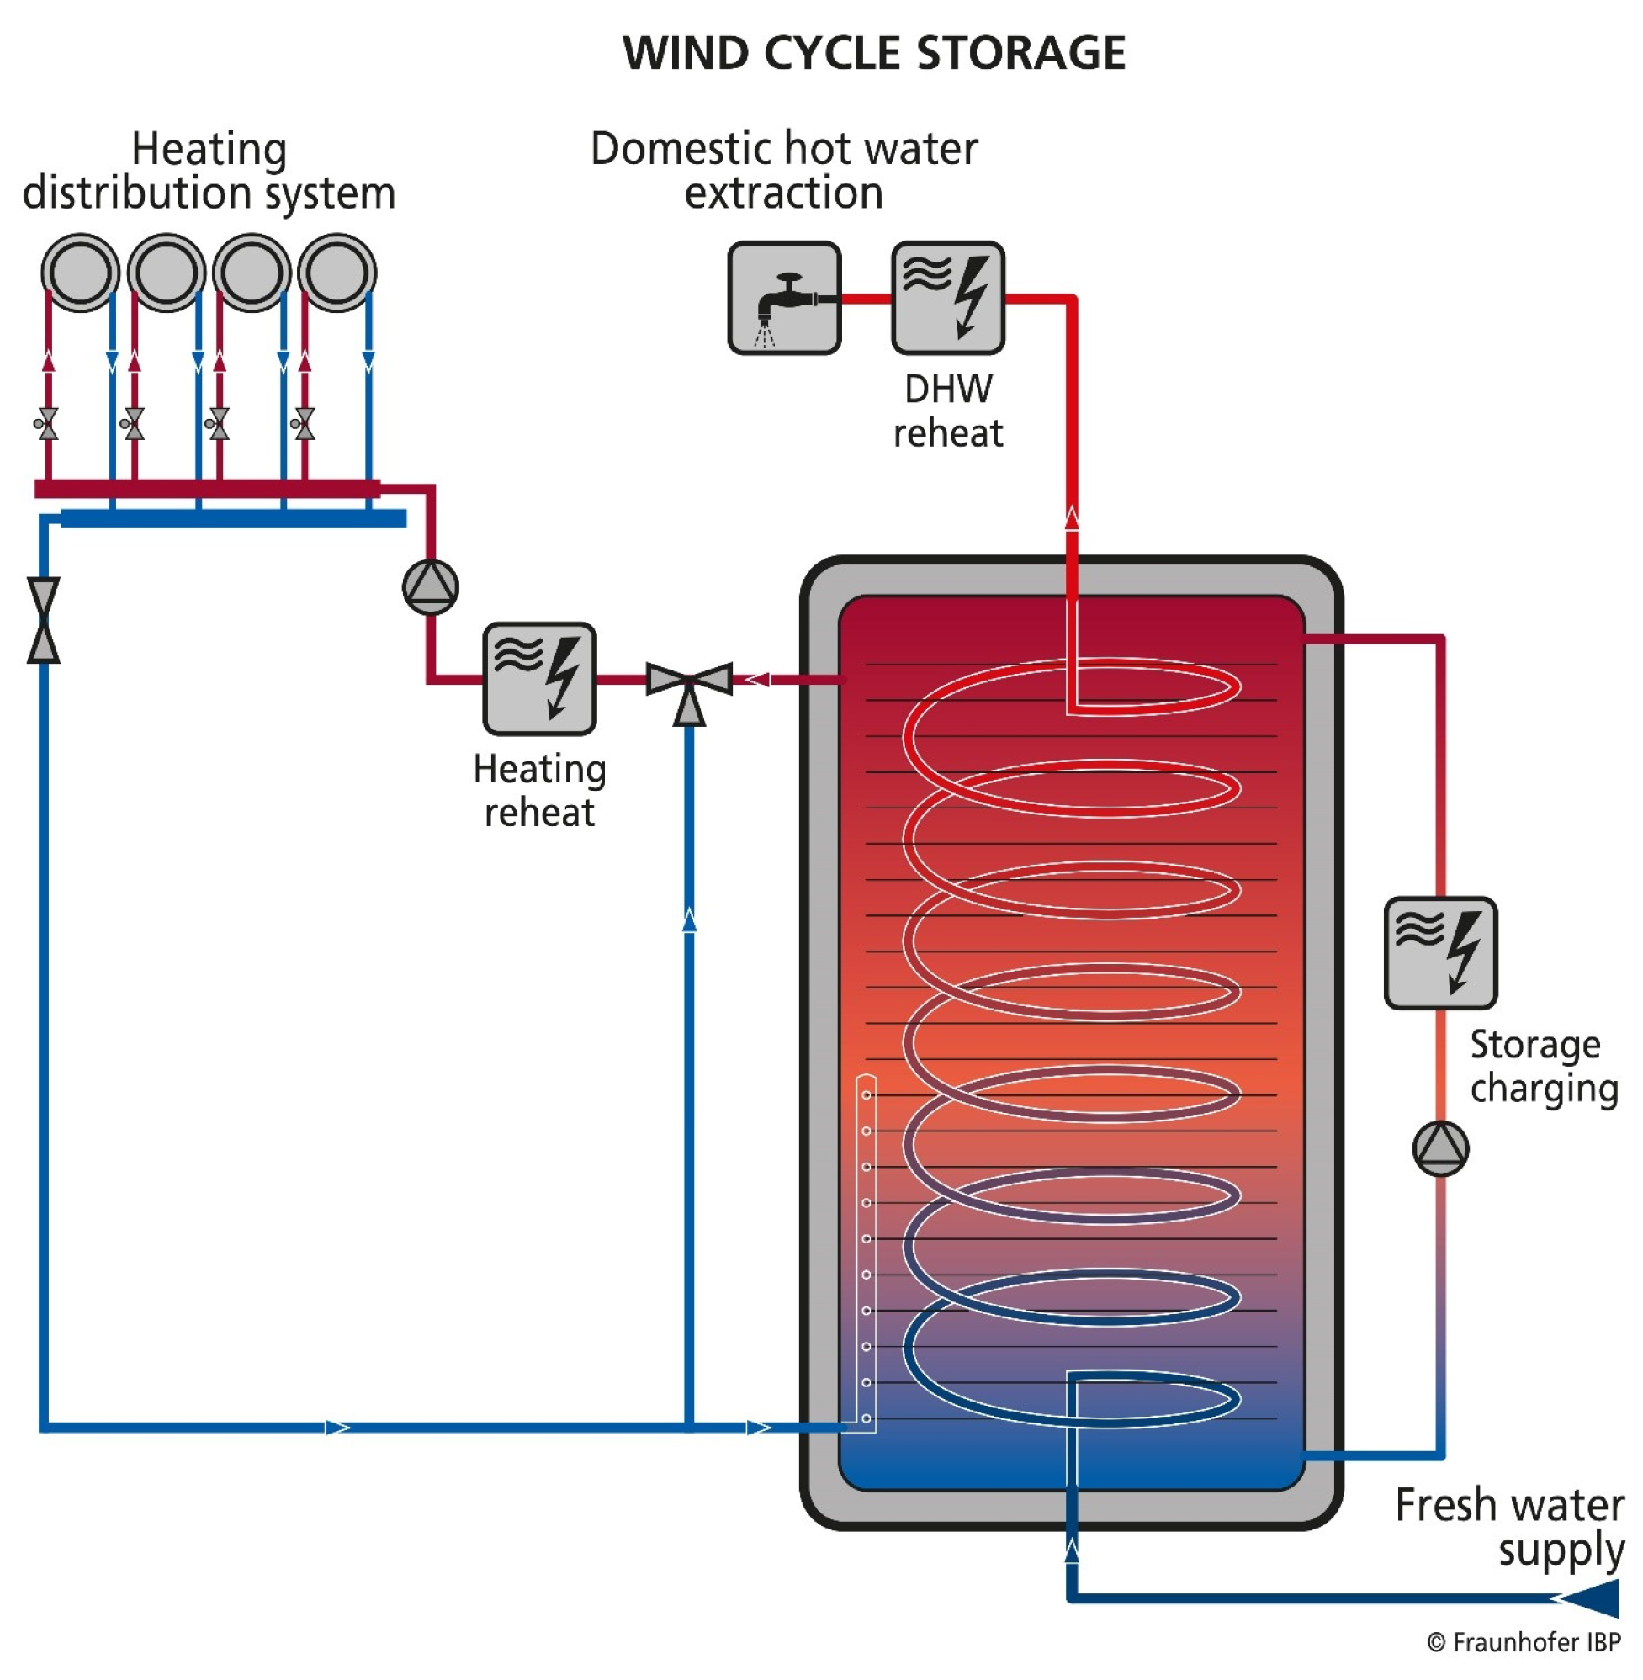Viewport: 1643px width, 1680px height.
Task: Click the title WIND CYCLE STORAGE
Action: point(873,53)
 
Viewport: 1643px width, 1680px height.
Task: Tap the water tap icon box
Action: point(783,298)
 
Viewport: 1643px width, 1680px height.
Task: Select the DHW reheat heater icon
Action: point(947,298)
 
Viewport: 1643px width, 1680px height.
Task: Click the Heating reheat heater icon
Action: point(539,679)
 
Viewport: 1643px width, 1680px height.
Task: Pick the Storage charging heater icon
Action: point(1440,952)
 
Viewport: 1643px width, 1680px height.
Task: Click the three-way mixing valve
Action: point(689,681)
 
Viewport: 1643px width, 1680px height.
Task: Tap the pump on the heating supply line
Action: point(430,587)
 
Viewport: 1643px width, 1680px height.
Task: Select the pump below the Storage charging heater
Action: point(1440,1148)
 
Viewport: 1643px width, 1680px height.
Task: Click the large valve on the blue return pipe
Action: point(43,619)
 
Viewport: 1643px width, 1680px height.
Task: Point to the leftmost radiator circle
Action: point(80,272)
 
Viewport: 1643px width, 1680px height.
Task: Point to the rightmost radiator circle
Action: point(337,272)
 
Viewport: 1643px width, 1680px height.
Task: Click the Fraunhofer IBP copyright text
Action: point(1524,1642)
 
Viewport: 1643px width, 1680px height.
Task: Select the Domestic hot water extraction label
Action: point(783,170)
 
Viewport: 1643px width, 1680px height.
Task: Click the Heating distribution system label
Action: point(209,170)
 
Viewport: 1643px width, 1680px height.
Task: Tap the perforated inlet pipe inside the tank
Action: point(866,1251)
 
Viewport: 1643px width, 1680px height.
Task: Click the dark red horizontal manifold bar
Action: point(207,490)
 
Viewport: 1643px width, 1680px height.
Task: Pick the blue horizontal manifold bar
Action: point(233,518)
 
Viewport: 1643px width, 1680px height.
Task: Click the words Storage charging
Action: point(1543,1067)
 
